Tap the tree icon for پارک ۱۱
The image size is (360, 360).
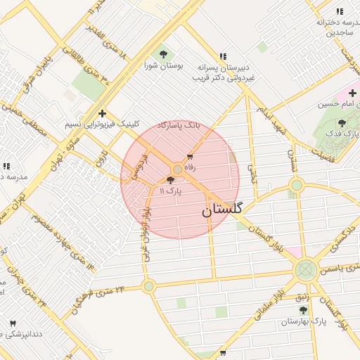171,181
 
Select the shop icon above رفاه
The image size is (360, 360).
189,156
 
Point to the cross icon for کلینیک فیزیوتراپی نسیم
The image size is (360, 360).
103,113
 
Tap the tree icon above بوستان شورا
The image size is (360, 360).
164,53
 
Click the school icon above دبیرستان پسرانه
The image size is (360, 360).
223,56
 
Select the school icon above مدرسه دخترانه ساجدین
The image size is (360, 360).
340,11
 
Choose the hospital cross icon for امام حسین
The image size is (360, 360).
352,93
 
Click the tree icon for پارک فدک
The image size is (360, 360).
342,122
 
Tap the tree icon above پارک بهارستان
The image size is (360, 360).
303,310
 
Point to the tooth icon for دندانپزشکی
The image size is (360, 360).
12,323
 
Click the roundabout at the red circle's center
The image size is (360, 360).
177,169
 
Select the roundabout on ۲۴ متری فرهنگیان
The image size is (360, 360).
148,286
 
